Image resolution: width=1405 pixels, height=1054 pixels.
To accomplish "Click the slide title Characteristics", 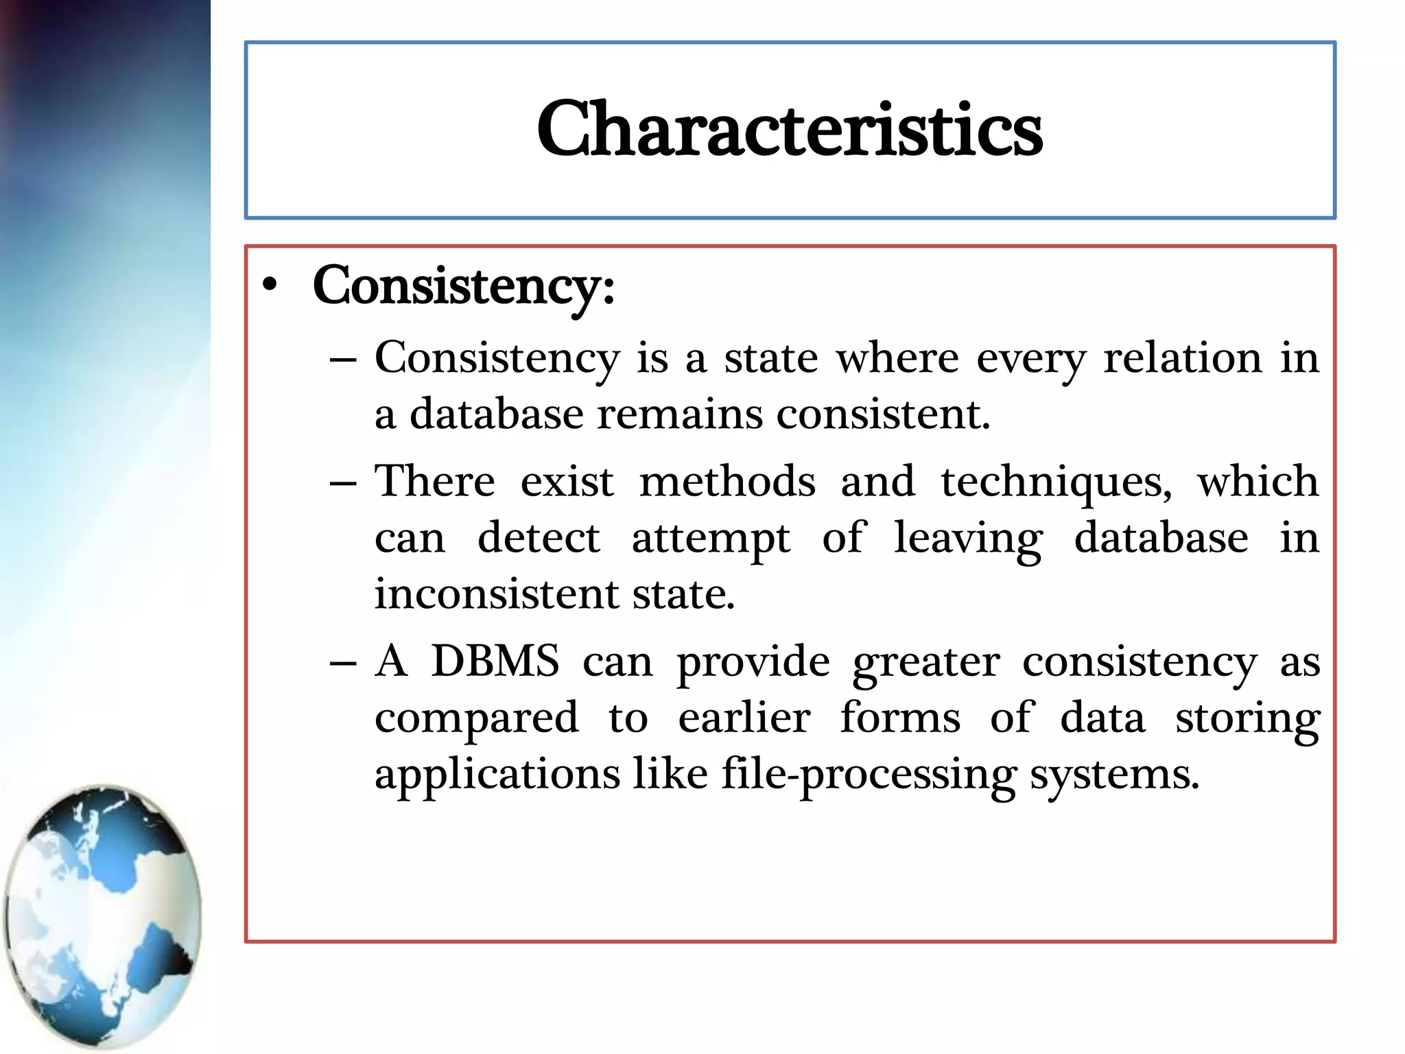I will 789,129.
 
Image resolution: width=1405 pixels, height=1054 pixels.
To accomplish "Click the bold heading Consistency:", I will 463,286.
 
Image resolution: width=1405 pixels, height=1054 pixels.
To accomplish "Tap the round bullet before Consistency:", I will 271,286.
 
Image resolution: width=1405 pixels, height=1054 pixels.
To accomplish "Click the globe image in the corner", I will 103,916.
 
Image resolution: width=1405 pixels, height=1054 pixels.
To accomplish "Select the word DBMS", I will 495,661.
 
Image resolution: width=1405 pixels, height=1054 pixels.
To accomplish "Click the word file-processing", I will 869,774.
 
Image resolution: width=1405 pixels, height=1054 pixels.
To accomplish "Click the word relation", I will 1182,358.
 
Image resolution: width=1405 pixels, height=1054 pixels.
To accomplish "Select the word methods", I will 727,482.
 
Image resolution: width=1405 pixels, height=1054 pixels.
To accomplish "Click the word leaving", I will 968,538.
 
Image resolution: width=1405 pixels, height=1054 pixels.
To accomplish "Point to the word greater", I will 925,663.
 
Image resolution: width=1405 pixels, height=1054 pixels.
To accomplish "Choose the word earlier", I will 744,718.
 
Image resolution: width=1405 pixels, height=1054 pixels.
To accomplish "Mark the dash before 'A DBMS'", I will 342,663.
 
